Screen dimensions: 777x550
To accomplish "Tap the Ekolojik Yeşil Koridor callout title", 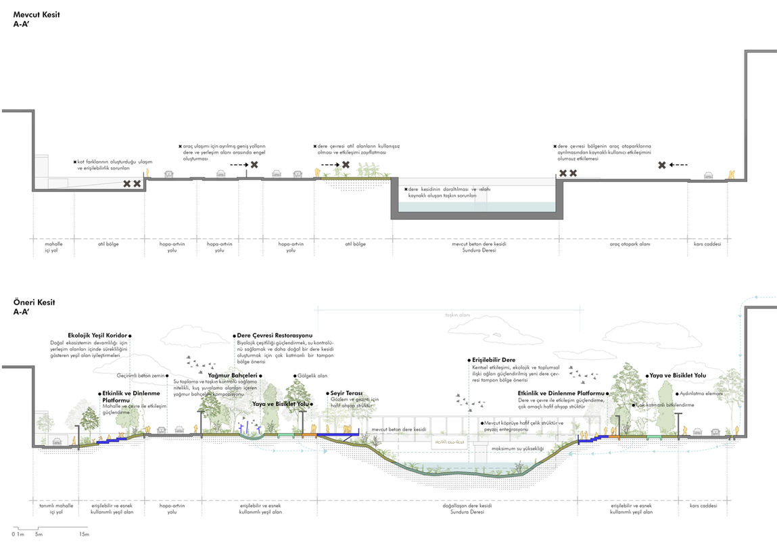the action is tap(98, 335).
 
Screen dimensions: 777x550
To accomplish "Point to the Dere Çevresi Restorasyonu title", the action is tap(275, 335).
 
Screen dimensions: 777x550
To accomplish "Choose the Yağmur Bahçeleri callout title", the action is tap(233, 375).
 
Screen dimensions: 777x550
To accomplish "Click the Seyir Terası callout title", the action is tap(347, 392).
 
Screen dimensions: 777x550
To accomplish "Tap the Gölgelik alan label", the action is tap(312, 375).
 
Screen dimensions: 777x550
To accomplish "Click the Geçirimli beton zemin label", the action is tap(140, 375).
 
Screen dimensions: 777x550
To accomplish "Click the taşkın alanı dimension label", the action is tap(457, 315).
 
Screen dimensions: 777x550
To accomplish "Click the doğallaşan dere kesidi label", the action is tap(467, 505).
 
